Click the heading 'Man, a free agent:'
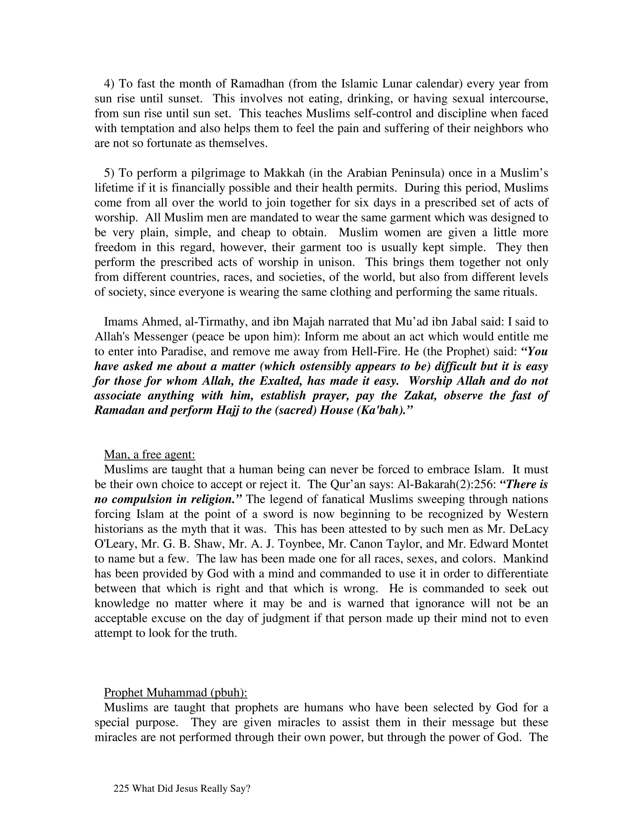(149, 455)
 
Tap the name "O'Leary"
(115, 543)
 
